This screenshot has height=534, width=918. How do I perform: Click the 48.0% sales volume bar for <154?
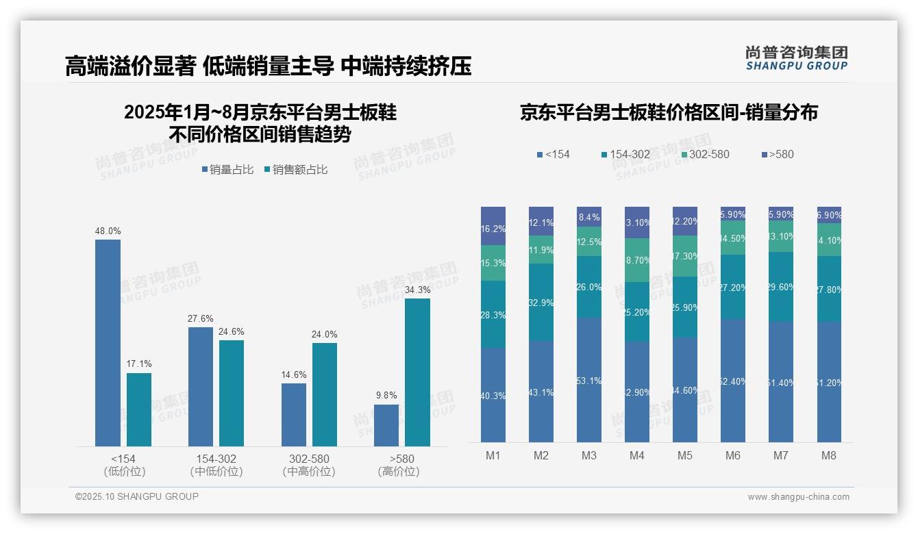tap(108, 342)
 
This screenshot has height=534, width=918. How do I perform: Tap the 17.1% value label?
tap(139, 364)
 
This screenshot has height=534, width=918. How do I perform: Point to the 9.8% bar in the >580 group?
tap(386, 425)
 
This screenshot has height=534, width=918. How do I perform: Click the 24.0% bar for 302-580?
tap(325, 394)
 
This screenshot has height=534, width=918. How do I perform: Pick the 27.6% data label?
tap(201, 318)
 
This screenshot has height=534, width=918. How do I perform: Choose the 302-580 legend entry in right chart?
tap(703, 154)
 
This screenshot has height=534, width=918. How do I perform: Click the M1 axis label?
tap(493, 455)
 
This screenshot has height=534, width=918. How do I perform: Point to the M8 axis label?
tap(828, 455)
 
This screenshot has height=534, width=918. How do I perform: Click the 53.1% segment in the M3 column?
tap(589, 380)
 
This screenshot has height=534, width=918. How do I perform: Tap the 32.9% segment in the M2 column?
tap(541, 303)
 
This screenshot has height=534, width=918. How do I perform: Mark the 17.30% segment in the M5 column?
tap(685, 256)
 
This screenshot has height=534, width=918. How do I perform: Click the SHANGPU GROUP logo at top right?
tap(796, 58)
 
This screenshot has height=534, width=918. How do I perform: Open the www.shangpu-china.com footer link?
tap(798, 497)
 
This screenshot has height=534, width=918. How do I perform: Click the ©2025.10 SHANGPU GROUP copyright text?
tap(137, 496)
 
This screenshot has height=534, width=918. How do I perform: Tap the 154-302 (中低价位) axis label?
tap(216, 465)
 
